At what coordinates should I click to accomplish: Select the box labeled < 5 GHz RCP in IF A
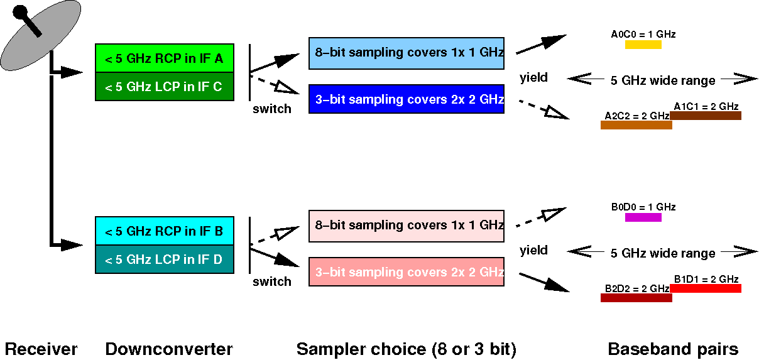coord(164,58)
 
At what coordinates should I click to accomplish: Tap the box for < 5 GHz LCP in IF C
coord(164,87)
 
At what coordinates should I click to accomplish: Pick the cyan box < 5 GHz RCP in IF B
coord(164,231)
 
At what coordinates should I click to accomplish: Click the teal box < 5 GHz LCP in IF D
coord(164,259)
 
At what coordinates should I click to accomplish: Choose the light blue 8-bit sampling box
coord(406,53)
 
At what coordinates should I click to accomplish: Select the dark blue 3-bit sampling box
coord(406,99)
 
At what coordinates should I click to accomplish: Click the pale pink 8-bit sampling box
coord(406,226)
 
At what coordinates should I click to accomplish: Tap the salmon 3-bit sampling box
coord(406,271)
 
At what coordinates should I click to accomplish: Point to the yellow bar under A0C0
coord(643,45)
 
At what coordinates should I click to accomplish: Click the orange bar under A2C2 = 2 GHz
coord(636,125)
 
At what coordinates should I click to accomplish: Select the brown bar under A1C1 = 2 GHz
coord(706,116)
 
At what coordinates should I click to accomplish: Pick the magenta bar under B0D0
coord(643,217)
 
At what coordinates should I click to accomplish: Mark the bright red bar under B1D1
coord(706,288)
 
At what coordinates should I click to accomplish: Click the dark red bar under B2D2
coord(636,298)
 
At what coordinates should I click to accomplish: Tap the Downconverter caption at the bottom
coord(169,349)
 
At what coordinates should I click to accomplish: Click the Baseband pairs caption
coord(673,349)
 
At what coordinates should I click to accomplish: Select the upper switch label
coord(271,109)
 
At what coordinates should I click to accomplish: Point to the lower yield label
coord(533,251)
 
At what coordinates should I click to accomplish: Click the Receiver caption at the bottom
coord(41,349)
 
